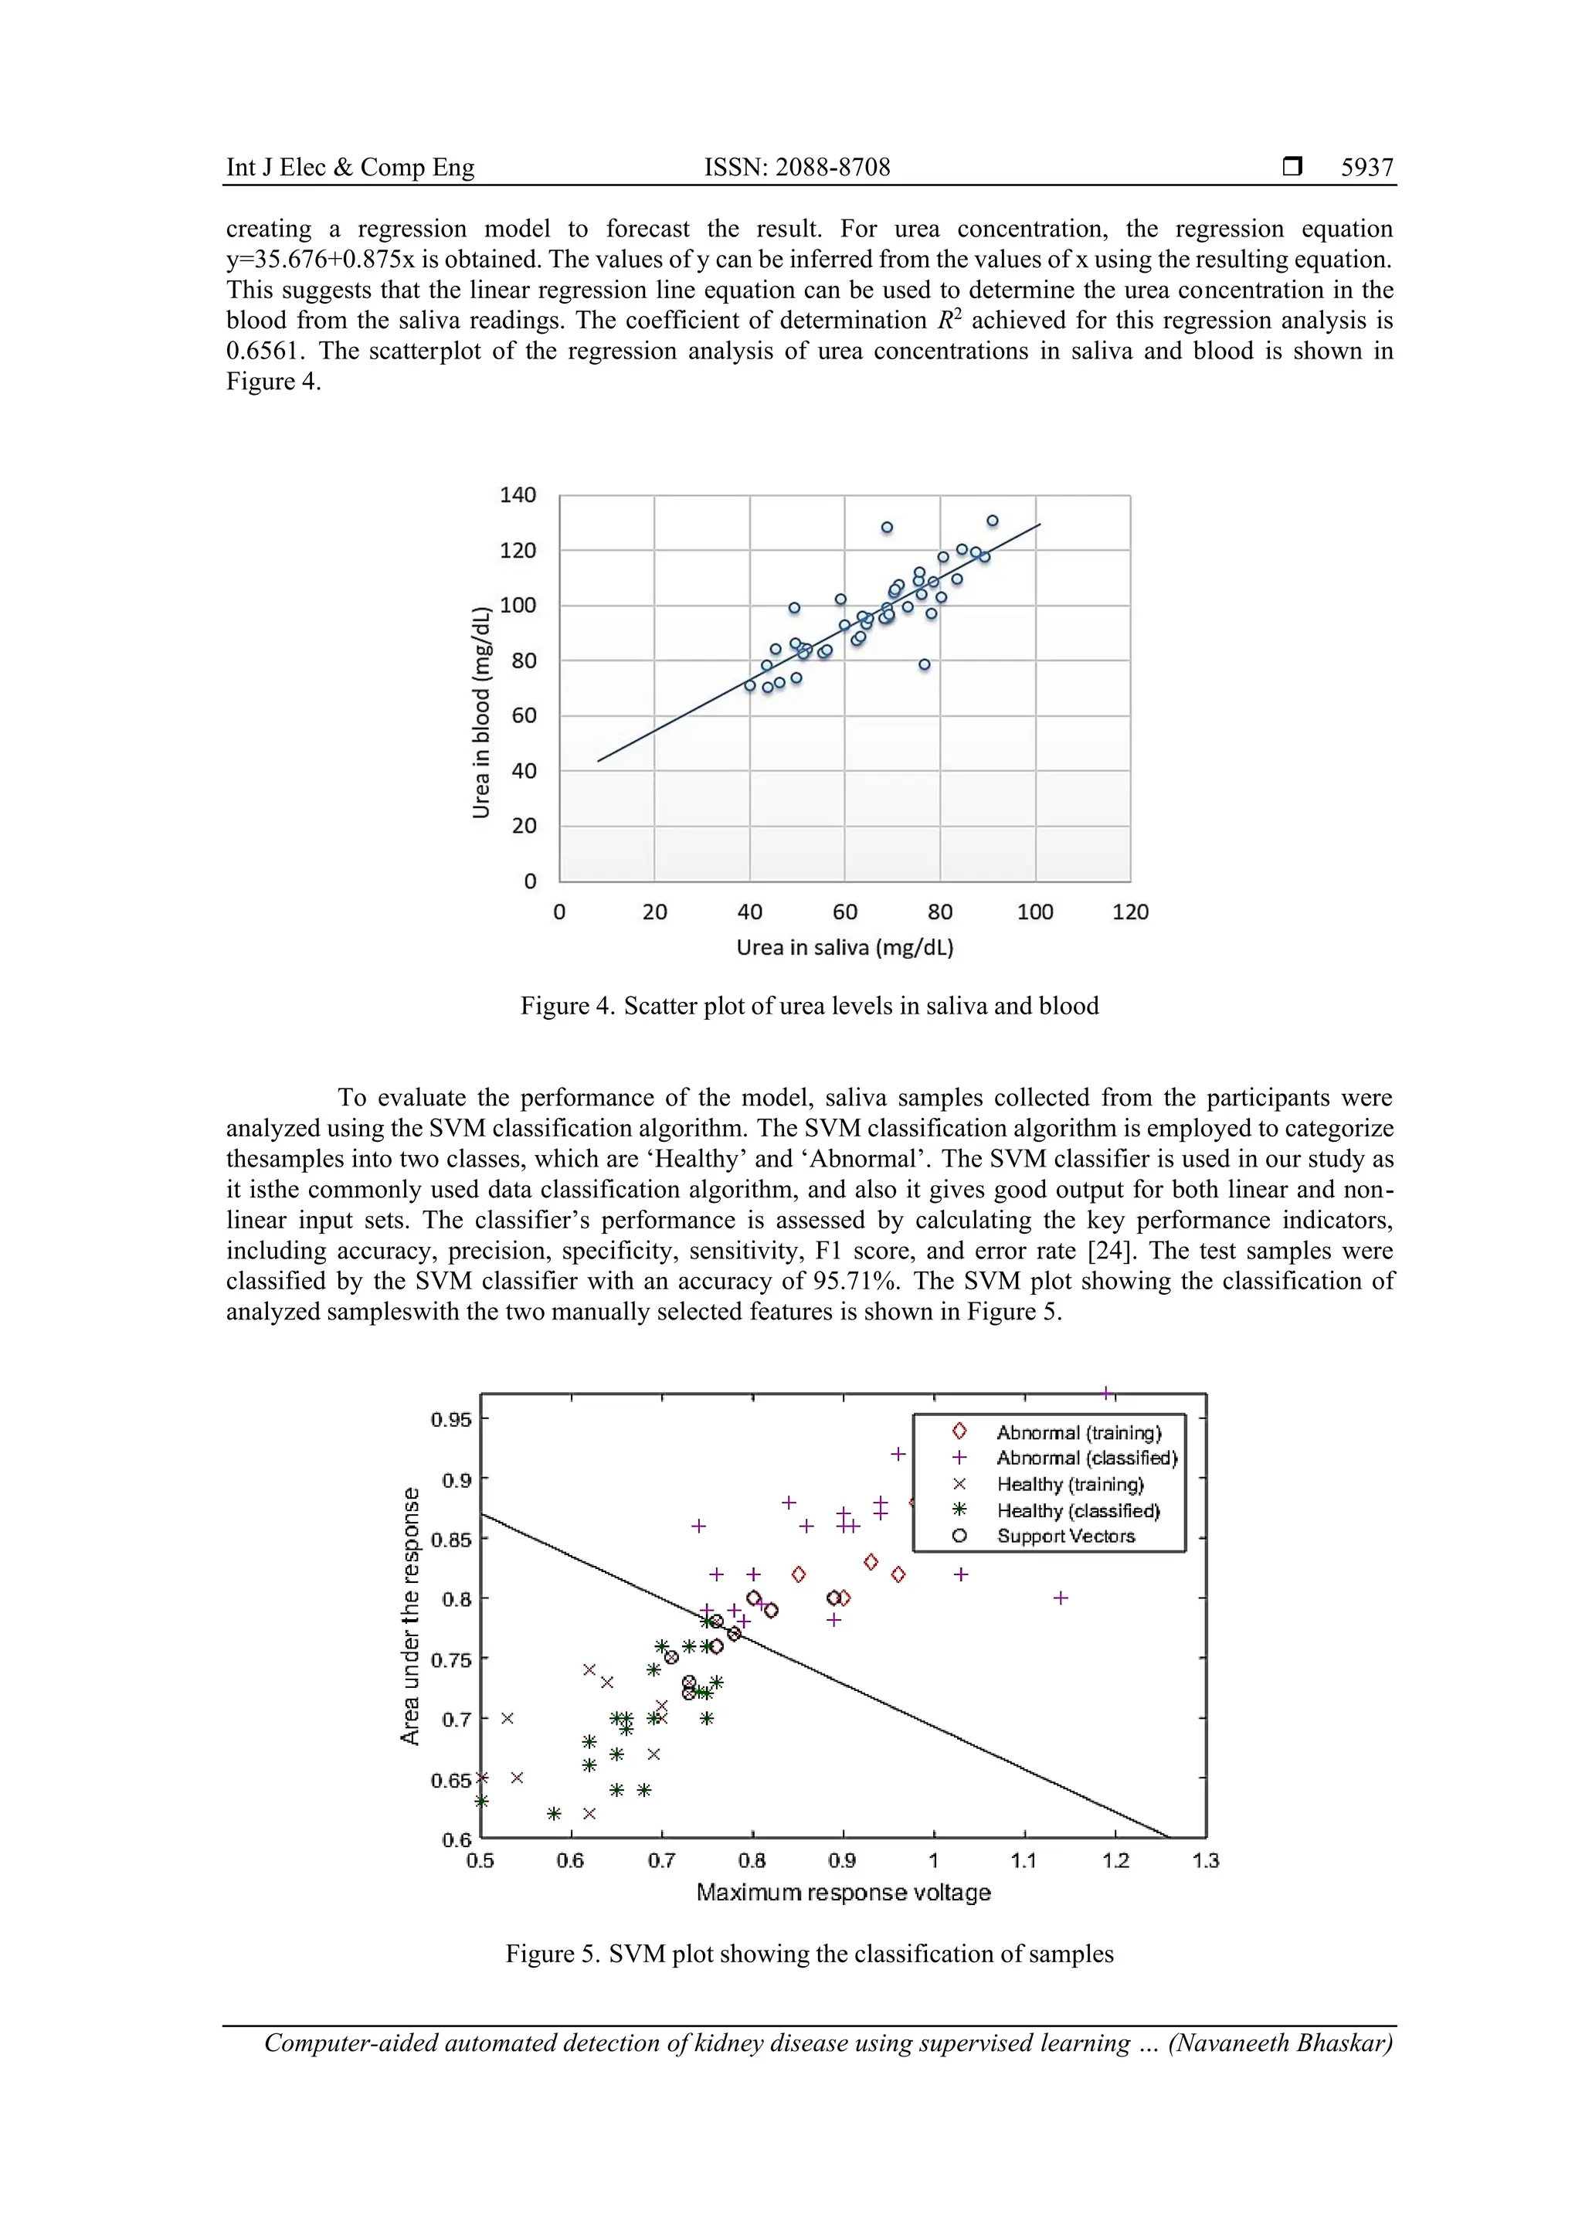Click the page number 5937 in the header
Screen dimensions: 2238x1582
pos(1366,168)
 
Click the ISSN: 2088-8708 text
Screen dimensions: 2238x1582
pos(796,168)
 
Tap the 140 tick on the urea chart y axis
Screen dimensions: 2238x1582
pos(518,495)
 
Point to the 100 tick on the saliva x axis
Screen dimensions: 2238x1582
pos(1034,912)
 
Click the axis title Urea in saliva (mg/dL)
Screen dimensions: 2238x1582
pos(844,947)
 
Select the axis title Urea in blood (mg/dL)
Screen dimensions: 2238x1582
pos(480,712)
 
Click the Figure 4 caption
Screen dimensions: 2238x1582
pos(809,1006)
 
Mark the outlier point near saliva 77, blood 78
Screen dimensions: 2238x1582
pos(924,665)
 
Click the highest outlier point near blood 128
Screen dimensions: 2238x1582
pos(887,528)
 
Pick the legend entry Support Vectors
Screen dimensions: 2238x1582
pos(1065,1537)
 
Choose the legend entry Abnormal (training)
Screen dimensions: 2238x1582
pos(1078,1433)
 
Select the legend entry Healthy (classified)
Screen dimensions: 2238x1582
pos(1077,1511)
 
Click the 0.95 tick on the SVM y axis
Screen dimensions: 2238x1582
pos(450,1419)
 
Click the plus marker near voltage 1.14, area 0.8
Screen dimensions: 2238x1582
pos(1061,1598)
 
